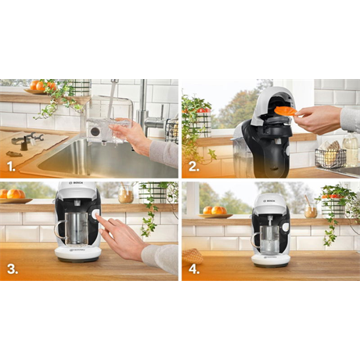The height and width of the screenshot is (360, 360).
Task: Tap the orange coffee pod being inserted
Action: (286, 111)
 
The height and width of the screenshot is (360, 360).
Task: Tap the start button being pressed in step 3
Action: (95, 214)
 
